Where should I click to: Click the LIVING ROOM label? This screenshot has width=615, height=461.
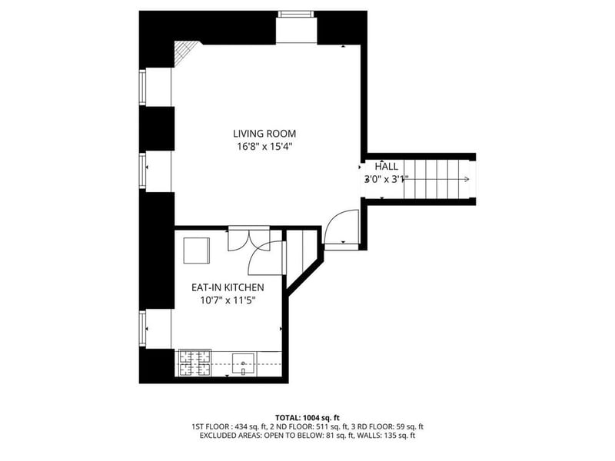[x=264, y=134]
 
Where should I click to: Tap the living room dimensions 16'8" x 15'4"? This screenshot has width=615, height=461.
[x=264, y=147]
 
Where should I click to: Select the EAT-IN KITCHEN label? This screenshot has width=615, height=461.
[x=228, y=287]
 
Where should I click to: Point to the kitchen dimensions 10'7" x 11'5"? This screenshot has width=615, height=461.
[x=228, y=300]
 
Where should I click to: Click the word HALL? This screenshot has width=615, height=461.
[x=386, y=166]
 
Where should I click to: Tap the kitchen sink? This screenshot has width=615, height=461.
[x=243, y=363]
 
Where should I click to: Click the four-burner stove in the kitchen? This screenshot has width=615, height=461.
[x=195, y=363]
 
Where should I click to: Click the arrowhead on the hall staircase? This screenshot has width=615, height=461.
[x=467, y=179]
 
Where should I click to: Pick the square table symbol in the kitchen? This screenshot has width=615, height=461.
[x=197, y=250]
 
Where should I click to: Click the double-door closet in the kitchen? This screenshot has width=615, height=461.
[x=248, y=238]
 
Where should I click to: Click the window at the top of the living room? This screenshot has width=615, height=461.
[x=296, y=15]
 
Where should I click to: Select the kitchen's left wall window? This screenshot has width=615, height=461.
[x=143, y=329]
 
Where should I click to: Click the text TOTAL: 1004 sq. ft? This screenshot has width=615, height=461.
[x=307, y=418]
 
